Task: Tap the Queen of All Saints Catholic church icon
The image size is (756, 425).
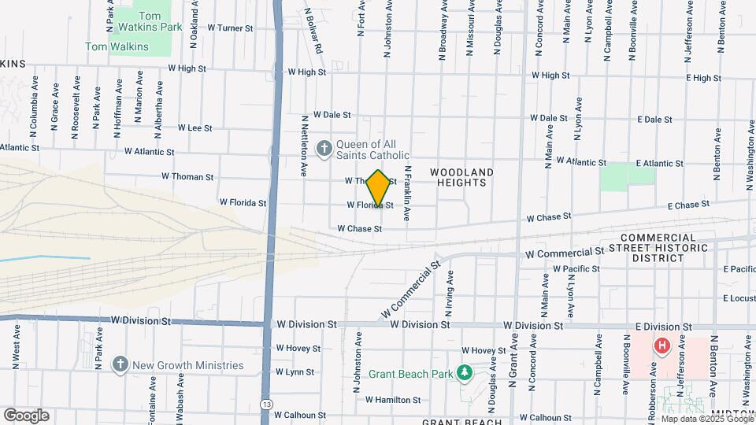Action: [324, 148]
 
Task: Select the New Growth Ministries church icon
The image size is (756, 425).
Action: [120, 364]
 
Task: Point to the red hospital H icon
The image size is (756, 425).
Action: [662, 345]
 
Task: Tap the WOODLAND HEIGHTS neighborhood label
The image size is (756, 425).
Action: [462, 177]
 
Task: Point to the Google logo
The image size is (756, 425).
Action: [26, 416]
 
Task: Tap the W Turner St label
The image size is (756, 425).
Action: [230, 28]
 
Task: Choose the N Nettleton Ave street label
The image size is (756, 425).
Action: [304, 146]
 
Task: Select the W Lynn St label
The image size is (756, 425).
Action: [295, 372]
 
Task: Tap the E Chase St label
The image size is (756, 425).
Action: [688, 205]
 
